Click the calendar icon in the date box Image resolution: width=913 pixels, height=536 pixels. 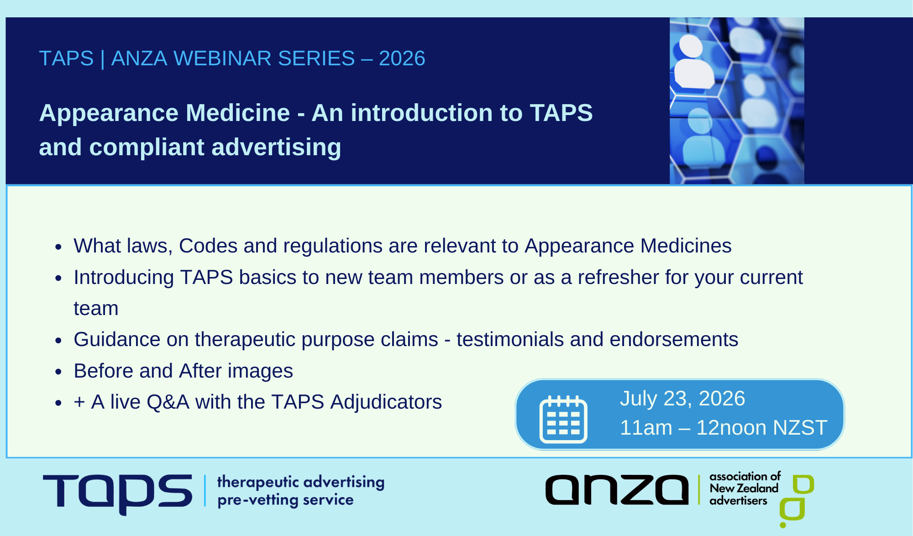(x=563, y=419)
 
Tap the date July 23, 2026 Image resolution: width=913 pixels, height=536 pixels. (x=682, y=399)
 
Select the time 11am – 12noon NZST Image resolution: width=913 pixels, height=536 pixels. (x=723, y=428)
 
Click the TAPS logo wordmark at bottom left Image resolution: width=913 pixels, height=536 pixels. (x=118, y=492)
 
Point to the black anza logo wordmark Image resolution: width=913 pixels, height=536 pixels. (x=617, y=490)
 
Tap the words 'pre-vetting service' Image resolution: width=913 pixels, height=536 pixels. (x=285, y=500)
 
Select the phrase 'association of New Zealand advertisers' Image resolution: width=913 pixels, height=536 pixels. (x=744, y=489)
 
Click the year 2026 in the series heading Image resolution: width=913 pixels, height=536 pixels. (x=402, y=58)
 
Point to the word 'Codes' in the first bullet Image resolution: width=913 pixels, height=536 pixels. (x=208, y=246)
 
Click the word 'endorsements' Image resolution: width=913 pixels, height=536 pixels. (x=674, y=339)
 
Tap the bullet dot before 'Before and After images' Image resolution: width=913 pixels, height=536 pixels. (x=58, y=372)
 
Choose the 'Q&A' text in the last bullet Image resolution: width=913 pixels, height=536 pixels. (x=168, y=402)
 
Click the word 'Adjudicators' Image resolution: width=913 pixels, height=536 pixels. (x=386, y=402)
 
